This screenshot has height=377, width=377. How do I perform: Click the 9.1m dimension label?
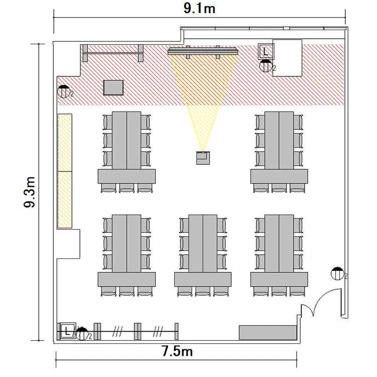click(x=200, y=9)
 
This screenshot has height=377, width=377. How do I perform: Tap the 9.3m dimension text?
click(x=30, y=192)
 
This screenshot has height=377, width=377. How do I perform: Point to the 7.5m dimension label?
click(x=177, y=351)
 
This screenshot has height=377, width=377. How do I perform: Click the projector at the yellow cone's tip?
click(x=203, y=158)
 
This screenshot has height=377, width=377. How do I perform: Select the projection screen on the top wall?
click(x=203, y=51)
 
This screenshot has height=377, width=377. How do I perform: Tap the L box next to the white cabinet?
click(x=266, y=51)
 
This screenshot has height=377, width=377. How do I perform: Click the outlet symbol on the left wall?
click(x=63, y=91)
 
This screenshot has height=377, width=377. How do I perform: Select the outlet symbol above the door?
click(x=337, y=273)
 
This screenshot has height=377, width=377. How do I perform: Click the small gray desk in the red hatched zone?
click(x=113, y=87)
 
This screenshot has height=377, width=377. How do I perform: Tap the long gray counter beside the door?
click(x=267, y=333)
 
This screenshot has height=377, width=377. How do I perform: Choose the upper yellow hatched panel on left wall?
click(x=65, y=143)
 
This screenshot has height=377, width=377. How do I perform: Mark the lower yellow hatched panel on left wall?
click(x=65, y=200)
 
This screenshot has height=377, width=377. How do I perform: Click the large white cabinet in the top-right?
click(x=287, y=58)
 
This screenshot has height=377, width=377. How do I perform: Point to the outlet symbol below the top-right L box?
click(x=266, y=66)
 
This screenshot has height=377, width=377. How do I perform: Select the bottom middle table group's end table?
click(x=203, y=279)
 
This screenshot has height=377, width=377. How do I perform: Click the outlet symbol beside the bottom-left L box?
click(x=82, y=334)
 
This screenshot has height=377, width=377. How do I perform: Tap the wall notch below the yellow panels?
click(x=68, y=244)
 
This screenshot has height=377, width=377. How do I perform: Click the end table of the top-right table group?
click(x=279, y=176)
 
